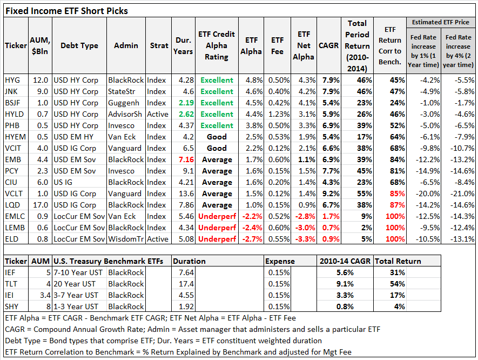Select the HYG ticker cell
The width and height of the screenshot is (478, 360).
(x=12, y=80)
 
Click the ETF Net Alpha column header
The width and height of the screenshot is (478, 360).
(x=304, y=45)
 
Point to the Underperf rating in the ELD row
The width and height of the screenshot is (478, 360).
(x=217, y=239)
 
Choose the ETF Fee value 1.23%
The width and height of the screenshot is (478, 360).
(x=277, y=114)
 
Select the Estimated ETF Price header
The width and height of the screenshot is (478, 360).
(x=441, y=22)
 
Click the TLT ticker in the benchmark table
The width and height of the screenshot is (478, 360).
(x=11, y=284)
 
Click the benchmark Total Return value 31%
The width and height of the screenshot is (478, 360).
(x=398, y=272)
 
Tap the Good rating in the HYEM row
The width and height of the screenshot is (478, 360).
(x=217, y=137)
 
